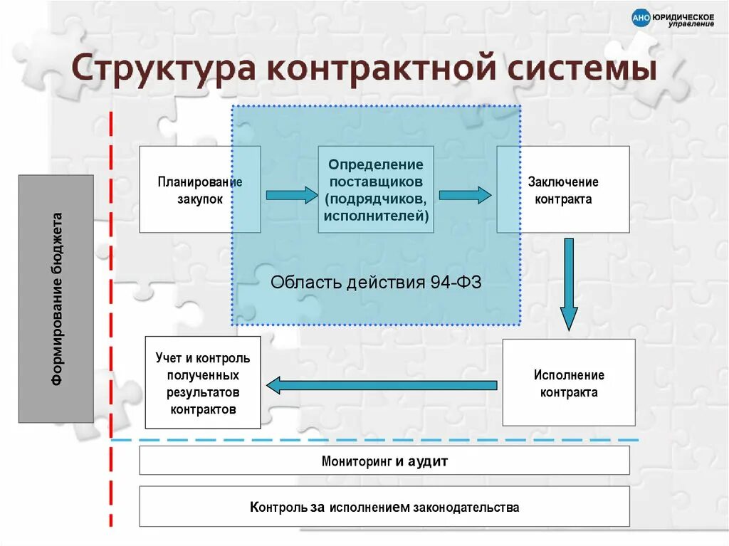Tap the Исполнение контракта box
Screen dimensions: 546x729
[x=569, y=383]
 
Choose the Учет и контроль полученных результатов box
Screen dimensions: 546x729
[x=203, y=384]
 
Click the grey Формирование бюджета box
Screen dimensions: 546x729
[x=56, y=299]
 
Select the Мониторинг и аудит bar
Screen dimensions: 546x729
[x=384, y=461]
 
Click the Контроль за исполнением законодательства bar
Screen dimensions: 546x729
[x=384, y=507]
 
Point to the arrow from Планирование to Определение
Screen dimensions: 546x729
[x=291, y=194]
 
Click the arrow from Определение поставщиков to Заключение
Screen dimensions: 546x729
[x=465, y=194]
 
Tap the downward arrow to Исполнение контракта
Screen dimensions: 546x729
[x=568, y=285]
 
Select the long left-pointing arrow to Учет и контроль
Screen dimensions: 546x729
[x=382, y=385]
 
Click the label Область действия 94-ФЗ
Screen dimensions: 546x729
[x=376, y=282]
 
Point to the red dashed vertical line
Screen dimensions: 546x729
[x=111, y=320]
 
